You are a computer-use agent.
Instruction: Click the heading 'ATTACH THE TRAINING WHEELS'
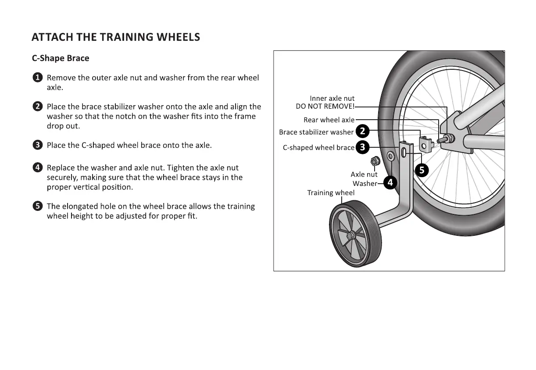point(116,37)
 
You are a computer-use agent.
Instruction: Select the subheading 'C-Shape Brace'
point(61,58)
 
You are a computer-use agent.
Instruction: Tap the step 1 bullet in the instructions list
point(38,78)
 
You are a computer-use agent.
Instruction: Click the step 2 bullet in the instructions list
point(38,107)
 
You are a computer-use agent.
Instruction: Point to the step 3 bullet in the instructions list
point(38,145)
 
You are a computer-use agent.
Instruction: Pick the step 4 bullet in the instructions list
point(38,167)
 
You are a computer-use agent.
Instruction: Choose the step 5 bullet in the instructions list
point(38,206)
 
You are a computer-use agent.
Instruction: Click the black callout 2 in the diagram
point(363,131)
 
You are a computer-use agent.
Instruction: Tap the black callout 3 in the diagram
point(362,147)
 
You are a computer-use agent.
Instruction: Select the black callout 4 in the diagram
point(390,183)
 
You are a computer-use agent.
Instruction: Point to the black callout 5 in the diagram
point(422,170)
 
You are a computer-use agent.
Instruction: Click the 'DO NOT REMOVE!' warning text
point(325,107)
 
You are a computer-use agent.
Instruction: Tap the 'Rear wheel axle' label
point(329,120)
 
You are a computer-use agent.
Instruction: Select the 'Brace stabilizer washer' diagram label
point(316,132)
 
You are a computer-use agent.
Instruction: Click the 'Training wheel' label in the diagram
point(331,193)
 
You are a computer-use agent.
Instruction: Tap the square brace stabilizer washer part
point(425,143)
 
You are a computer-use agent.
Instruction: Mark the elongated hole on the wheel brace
point(403,153)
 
